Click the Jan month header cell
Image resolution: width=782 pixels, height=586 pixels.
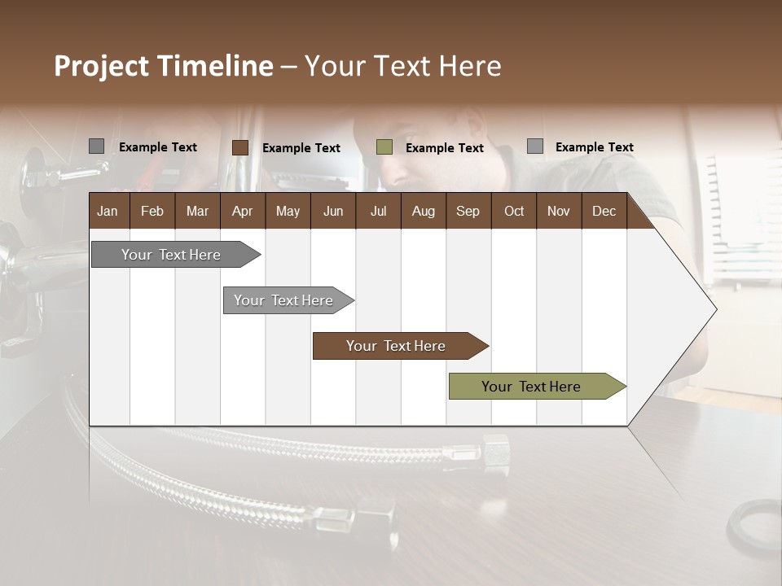tap(108, 211)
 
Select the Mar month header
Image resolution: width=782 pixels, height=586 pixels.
tap(197, 211)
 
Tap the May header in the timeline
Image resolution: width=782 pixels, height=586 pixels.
tap(288, 211)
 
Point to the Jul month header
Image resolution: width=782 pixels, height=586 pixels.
tap(378, 211)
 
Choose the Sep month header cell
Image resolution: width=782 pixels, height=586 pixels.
tap(468, 211)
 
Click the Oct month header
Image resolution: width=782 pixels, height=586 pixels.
tap(514, 211)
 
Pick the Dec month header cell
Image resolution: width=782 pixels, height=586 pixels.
tap(604, 211)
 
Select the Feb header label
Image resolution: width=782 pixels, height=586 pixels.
tap(152, 211)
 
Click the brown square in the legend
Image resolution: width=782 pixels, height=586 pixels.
tap(239, 147)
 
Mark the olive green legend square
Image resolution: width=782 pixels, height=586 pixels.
tap(384, 147)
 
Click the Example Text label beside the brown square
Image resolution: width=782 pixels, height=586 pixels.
tap(301, 148)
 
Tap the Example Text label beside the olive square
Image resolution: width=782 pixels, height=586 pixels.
tap(444, 148)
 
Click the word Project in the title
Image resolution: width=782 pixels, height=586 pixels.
tap(101, 66)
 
